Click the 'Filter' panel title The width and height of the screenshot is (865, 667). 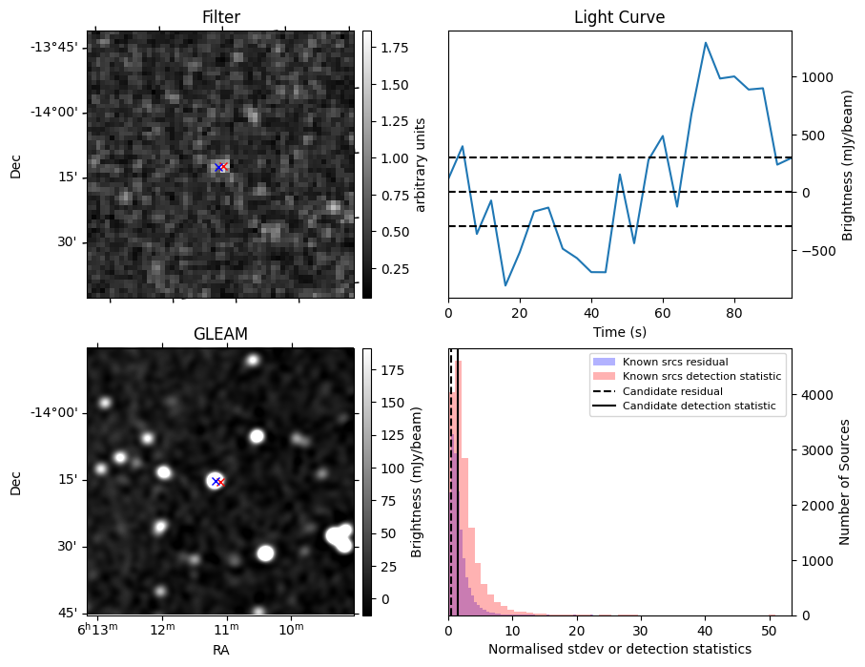pyautogui.click(x=220, y=17)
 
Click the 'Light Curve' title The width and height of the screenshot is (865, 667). pyautogui.click(x=619, y=17)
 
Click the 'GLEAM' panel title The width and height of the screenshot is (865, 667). pyautogui.click(x=220, y=334)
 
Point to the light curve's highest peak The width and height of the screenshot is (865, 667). pyautogui.click(x=706, y=43)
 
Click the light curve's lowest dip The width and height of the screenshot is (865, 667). pyautogui.click(x=505, y=285)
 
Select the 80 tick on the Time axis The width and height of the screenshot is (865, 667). pyautogui.click(x=733, y=312)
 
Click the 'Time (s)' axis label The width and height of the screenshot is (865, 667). pyautogui.click(x=619, y=330)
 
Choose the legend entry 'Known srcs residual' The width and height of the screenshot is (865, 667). pyautogui.click(x=675, y=362)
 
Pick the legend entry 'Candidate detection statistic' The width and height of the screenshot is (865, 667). pyautogui.click(x=698, y=406)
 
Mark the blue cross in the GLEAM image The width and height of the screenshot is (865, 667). pyautogui.click(x=216, y=481)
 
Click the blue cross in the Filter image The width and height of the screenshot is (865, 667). pyautogui.click(x=218, y=168)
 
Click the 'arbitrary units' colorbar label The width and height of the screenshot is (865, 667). pyautogui.click(x=421, y=164)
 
